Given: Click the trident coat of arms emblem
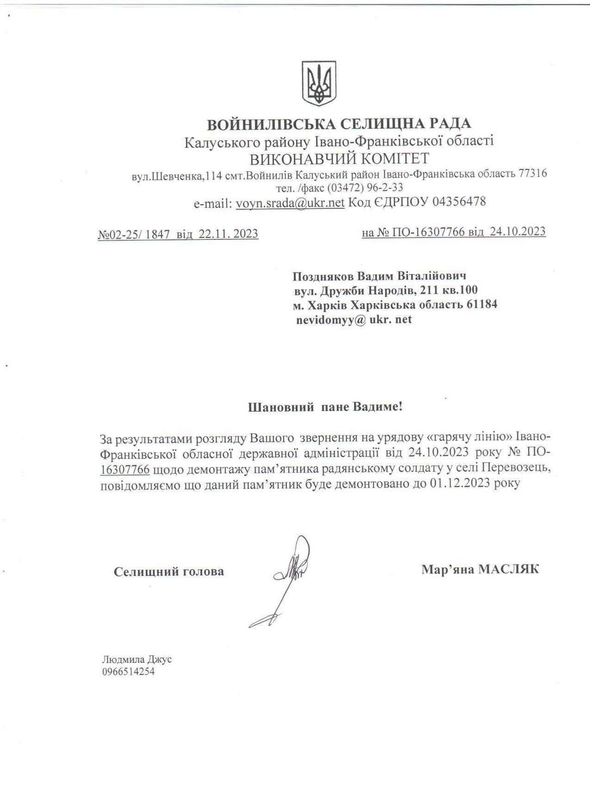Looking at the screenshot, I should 318,83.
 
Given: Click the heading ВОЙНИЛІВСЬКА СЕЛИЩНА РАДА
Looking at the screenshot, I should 339,124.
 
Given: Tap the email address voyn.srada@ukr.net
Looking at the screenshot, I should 290,203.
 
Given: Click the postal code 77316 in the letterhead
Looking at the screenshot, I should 532,173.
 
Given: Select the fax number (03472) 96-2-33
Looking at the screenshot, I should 365,188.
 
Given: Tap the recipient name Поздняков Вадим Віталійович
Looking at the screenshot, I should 379,277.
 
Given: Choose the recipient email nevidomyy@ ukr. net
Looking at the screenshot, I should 353,319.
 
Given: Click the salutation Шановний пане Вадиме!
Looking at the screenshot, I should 325,407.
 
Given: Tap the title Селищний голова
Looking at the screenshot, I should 169,572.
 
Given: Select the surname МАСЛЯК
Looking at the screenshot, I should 508,569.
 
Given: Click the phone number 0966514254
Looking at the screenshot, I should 128,672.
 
